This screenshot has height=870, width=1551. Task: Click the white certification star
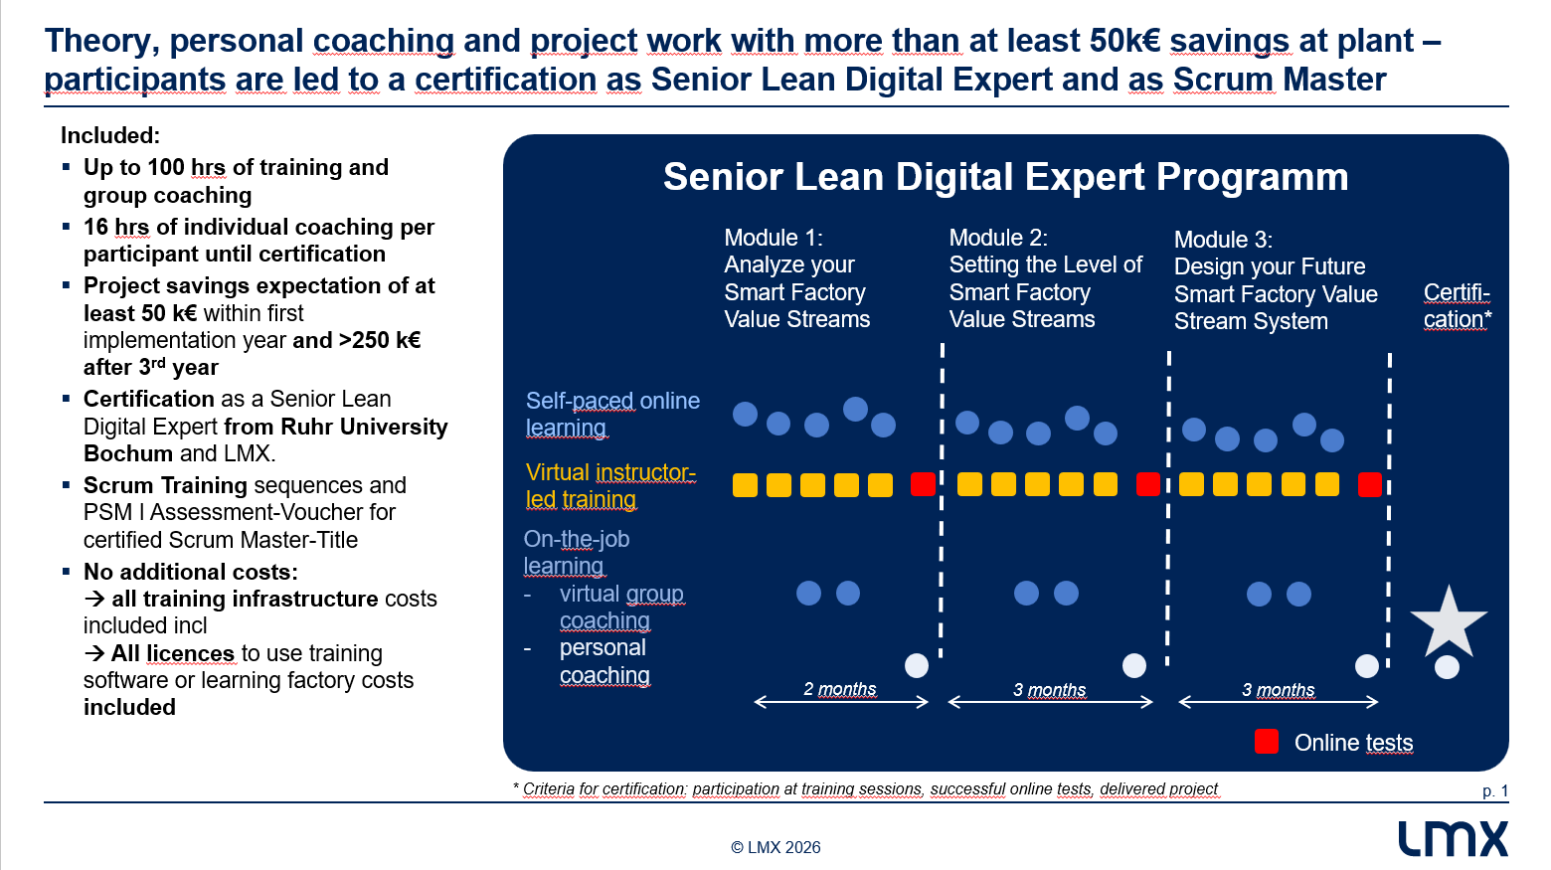pos(1448,623)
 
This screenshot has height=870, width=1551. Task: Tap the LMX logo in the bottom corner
pos(1453,839)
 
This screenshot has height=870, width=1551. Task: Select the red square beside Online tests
pos(1267,741)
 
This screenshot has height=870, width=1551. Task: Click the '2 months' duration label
pos(840,689)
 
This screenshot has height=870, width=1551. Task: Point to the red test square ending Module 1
pos(923,484)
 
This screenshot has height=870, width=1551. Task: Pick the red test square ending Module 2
pos(1148,484)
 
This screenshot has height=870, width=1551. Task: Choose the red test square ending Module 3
pos(1370,484)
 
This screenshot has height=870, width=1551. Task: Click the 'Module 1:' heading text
pos(774,238)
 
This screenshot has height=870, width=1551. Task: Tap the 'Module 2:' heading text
pos(998,238)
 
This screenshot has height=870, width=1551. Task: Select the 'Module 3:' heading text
pos(1224,240)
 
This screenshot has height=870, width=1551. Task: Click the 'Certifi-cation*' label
pos(1458,305)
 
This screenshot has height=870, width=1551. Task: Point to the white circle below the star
pos(1448,667)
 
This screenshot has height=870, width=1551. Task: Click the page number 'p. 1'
pos(1495,791)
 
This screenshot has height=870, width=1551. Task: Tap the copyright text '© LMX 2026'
pos(775,847)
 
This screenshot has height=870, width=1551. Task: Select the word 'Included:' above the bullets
pos(110,135)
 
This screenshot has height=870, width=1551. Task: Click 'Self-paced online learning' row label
pos(612,415)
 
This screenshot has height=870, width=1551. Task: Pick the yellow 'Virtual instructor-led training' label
pos(610,485)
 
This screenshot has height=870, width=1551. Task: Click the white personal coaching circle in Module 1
pos(917,665)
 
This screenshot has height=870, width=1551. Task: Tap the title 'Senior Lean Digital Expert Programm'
pos(1006,177)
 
